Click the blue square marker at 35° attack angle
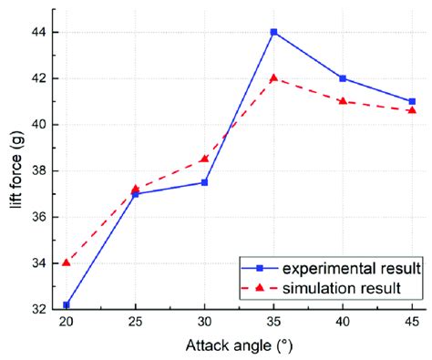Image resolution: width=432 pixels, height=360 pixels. (273, 32)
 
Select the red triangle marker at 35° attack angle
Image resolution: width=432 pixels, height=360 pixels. (273, 77)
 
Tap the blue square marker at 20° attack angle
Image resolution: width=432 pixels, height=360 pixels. (67, 304)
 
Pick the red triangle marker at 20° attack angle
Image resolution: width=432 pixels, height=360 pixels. (67, 262)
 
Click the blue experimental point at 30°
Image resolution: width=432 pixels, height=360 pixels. (204, 182)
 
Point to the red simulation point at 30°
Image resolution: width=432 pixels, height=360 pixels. (204, 159)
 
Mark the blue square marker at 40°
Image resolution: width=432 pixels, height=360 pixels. (343, 78)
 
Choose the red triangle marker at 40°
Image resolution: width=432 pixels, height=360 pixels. (343, 101)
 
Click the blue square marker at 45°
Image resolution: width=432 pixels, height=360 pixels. (412, 101)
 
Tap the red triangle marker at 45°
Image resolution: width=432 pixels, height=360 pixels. (412, 110)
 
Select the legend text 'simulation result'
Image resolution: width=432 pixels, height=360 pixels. (350, 288)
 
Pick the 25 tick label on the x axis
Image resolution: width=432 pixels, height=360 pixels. (136, 324)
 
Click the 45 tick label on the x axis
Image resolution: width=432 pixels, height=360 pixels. (412, 324)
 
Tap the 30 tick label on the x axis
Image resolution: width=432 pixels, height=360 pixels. (204, 324)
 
